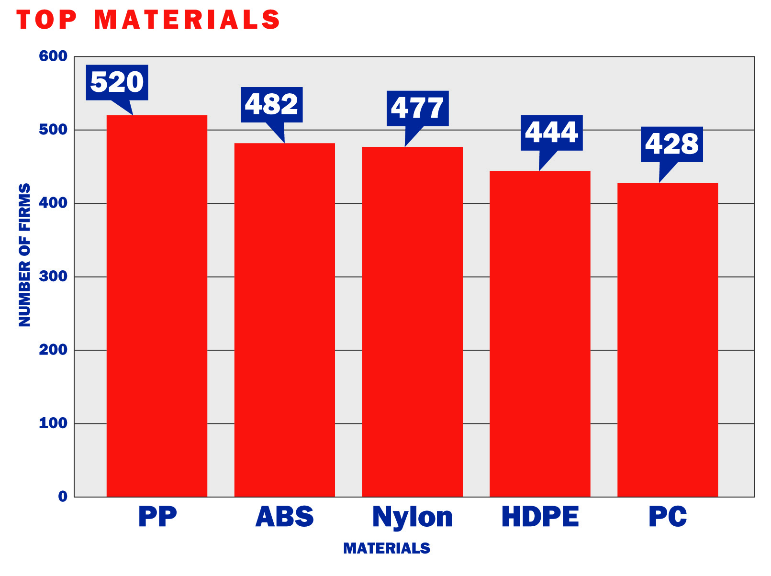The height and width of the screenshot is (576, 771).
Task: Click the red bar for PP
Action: [156, 306]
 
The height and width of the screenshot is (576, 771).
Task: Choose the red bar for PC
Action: [667, 340]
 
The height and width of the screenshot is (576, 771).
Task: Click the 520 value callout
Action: [117, 82]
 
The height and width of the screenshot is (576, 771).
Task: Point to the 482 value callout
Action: [271, 105]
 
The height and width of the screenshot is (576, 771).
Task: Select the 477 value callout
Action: [417, 108]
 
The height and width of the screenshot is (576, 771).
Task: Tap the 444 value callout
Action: [551, 133]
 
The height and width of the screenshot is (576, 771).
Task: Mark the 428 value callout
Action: [671, 144]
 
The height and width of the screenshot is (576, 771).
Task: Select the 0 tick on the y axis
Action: [63, 497]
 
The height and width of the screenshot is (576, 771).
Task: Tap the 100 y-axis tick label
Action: [53, 423]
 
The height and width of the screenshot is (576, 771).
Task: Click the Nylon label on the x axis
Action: [412, 517]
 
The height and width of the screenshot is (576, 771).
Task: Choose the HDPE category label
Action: [540, 517]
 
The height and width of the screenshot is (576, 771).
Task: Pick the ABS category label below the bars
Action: [284, 517]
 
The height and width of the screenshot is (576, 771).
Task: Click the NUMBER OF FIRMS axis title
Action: [24, 255]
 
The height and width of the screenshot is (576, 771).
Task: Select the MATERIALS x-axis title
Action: [387, 548]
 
